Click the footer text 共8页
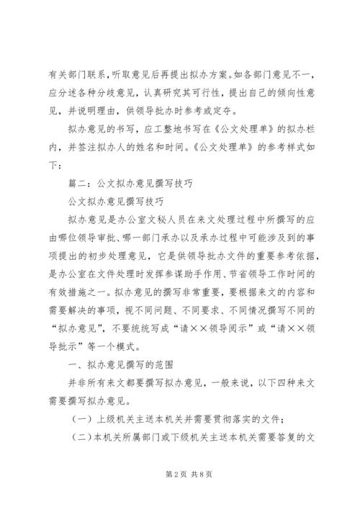pyautogui.click(x=197, y=476)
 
